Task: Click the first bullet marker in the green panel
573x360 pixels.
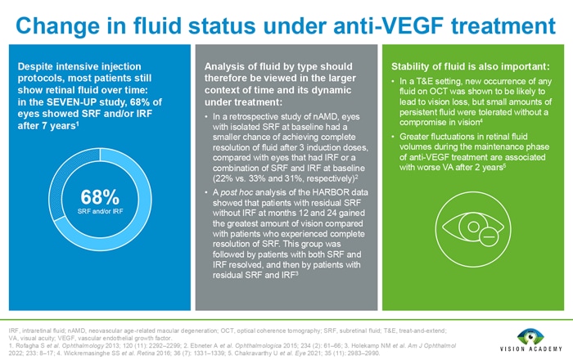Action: tap(394, 83)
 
